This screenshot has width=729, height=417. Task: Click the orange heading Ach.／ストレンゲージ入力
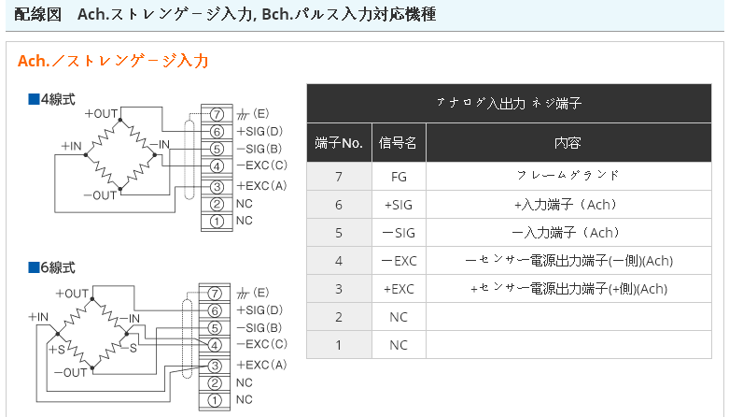click(x=113, y=62)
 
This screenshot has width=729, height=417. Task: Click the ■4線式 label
click(x=51, y=98)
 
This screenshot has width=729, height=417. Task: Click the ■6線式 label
click(x=51, y=267)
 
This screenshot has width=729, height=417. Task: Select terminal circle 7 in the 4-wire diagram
click(x=216, y=114)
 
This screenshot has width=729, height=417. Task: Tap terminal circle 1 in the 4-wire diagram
click(x=216, y=221)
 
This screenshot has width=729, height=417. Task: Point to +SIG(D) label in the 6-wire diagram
click(x=259, y=310)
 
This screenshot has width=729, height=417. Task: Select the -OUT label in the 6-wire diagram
click(x=71, y=372)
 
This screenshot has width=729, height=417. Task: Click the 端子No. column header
click(x=339, y=143)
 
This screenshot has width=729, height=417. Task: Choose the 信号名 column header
click(x=399, y=143)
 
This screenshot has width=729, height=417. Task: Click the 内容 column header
click(x=568, y=143)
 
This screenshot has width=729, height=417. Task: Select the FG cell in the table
click(x=399, y=175)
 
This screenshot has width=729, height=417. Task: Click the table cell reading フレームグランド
click(x=568, y=175)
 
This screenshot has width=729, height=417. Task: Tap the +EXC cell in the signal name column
click(x=399, y=289)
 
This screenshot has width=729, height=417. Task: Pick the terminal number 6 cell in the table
click(x=339, y=204)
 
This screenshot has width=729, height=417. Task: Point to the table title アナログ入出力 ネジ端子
click(x=514, y=104)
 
